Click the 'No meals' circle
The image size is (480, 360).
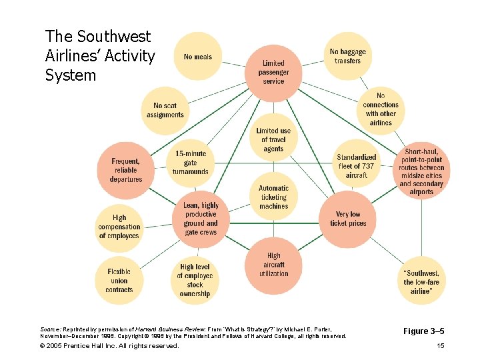click(197, 57)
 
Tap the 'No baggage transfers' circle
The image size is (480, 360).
click(347, 57)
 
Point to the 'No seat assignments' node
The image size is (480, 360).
click(165, 110)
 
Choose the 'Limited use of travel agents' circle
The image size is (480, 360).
click(273, 140)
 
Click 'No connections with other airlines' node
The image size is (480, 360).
click(380, 109)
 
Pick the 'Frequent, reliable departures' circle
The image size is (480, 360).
click(126, 171)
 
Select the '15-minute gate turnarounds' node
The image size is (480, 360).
click(191, 163)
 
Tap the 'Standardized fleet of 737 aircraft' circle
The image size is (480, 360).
click(357, 166)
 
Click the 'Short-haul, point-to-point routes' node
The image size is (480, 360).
click(421, 172)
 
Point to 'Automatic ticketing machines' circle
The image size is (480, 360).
click(273, 197)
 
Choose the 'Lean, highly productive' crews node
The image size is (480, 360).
click(201, 219)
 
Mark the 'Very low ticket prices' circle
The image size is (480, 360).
click(347, 219)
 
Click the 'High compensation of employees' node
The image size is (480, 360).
click(119, 227)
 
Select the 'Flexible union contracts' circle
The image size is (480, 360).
click(119, 280)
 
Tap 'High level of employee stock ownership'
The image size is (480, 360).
click(195, 280)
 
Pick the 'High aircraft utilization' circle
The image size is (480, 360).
click(273, 265)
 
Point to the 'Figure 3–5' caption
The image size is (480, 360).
click(425, 331)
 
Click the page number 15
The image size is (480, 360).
click(439, 345)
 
